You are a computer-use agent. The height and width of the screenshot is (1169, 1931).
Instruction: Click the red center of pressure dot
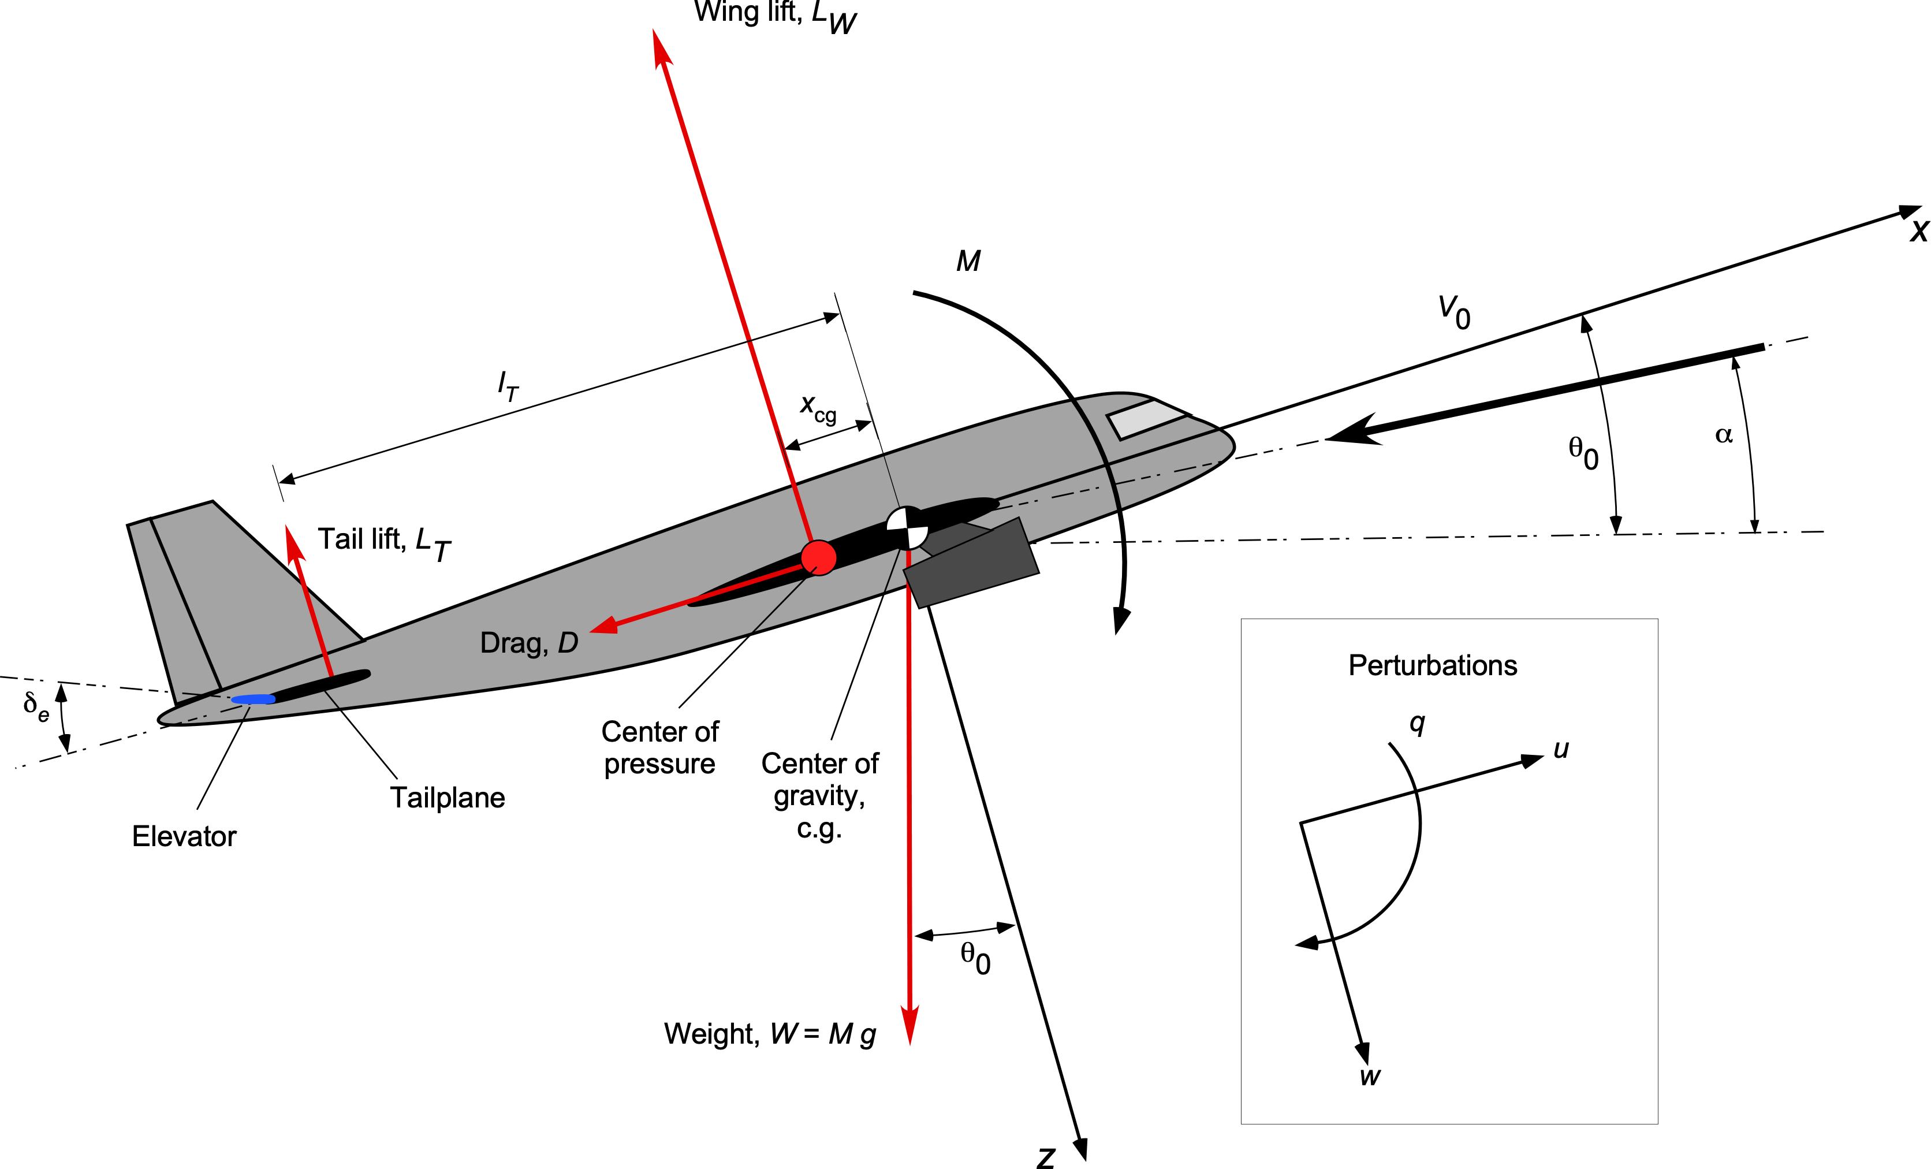(818, 557)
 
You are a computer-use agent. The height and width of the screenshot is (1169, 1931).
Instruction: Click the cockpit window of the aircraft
(1145, 419)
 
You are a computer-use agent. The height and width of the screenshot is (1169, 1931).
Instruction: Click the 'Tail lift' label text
(384, 542)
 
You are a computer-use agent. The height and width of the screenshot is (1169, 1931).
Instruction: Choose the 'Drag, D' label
(529, 643)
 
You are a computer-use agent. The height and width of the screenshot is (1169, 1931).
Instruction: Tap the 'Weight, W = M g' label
(770, 1034)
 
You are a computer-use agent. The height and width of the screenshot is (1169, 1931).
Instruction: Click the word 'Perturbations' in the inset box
(1433, 665)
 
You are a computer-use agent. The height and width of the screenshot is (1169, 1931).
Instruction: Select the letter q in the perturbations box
(1417, 724)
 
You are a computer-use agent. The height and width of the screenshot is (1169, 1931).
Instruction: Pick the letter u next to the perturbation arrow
(1561, 750)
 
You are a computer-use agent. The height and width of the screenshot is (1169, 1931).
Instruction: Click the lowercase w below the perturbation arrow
(1370, 1077)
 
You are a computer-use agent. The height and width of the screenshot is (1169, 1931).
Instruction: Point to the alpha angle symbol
(1723, 434)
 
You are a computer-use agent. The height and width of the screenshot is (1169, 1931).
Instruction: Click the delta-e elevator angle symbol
(36, 706)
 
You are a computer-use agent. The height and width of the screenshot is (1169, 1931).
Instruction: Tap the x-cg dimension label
(818, 408)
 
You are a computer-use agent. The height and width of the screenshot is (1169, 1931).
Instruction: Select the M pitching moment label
(968, 261)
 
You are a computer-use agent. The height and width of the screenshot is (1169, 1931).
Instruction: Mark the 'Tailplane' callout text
(448, 798)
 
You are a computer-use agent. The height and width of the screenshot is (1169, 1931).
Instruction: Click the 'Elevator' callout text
(184, 836)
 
